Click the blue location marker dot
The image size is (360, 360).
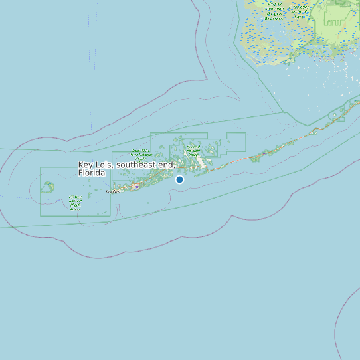click(179, 179)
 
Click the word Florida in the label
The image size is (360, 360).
click(92, 173)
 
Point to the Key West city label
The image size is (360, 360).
click(114, 191)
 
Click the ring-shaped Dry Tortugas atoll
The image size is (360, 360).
click(48, 187)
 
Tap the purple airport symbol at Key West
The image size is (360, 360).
click(137, 187)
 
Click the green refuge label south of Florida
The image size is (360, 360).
click(76, 202)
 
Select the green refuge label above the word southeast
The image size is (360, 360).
click(141, 155)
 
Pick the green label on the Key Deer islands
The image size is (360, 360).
click(193, 149)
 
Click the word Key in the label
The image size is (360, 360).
click(85, 165)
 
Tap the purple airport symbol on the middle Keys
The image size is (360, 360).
click(264, 153)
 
